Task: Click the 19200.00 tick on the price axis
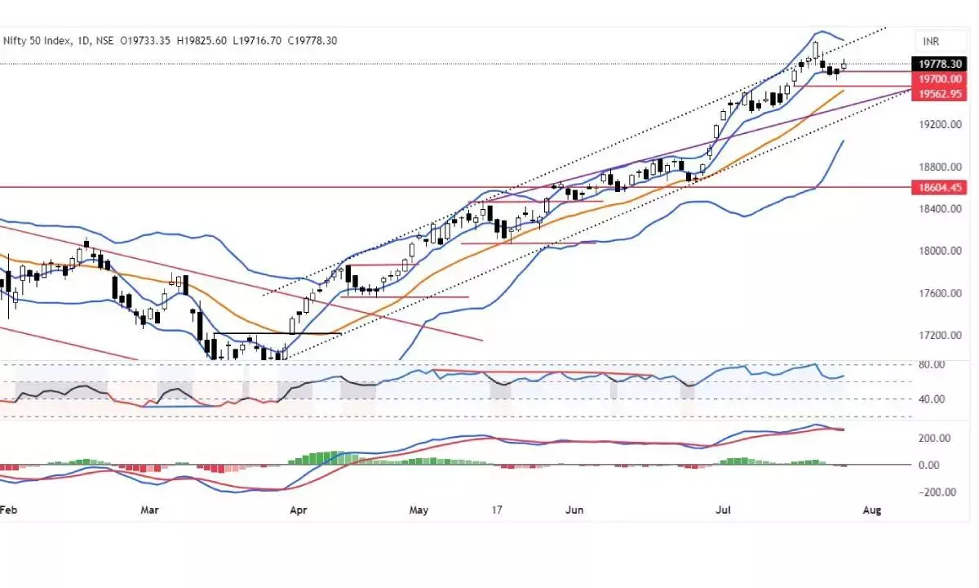tap(935, 125)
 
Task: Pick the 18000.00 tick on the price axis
tap(935, 251)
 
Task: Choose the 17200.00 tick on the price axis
tap(935, 336)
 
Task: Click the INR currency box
tap(932, 40)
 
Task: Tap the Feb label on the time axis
tap(8, 510)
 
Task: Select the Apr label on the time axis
tap(299, 510)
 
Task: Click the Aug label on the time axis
tap(871, 510)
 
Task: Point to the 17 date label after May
tap(496, 510)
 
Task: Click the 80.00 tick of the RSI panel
tap(932, 364)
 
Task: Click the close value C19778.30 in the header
tap(309, 40)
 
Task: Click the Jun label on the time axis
tap(575, 510)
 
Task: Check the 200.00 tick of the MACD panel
tap(932, 439)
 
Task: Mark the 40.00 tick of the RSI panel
tap(932, 399)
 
